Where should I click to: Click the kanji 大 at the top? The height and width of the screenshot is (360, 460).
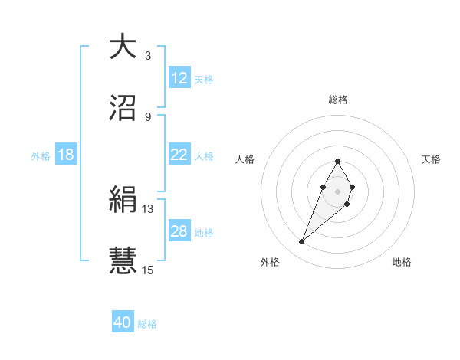[x=123, y=47]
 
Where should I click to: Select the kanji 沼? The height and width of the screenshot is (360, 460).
[x=123, y=108]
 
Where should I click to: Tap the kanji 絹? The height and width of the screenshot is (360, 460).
[x=123, y=199]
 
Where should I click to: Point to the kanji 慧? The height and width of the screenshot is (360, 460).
[x=123, y=260]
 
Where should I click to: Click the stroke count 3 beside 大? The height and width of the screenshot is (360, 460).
[x=148, y=56]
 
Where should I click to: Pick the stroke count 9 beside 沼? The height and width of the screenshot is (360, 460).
[x=148, y=116]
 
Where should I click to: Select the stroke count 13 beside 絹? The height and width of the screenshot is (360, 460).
[x=148, y=208]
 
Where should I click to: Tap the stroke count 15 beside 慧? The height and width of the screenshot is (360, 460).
[x=148, y=269]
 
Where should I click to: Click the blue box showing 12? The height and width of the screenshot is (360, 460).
[x=179, y=78]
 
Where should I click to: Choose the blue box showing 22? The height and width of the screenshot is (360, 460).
[x=179, y=155]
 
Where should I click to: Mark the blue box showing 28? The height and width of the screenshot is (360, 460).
[x=179, y=231]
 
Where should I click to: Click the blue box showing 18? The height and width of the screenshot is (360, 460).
[x=66, y=155]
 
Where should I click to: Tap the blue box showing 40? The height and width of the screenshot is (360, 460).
[x=123, y=323]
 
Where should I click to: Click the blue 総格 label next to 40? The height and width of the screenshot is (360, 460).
[x=147, y=324]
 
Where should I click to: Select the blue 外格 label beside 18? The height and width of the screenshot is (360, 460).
[x=41, y=155]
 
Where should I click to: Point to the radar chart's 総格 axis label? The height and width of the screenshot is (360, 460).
[x=337, y=100]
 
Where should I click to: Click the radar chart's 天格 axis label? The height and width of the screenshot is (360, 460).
[x=431, y=159]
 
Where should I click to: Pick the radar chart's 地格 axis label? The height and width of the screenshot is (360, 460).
[x=402, y=262]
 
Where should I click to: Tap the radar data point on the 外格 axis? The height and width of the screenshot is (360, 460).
[x=302, y=242]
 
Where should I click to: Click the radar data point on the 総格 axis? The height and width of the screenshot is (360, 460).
[x=337, y=161]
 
